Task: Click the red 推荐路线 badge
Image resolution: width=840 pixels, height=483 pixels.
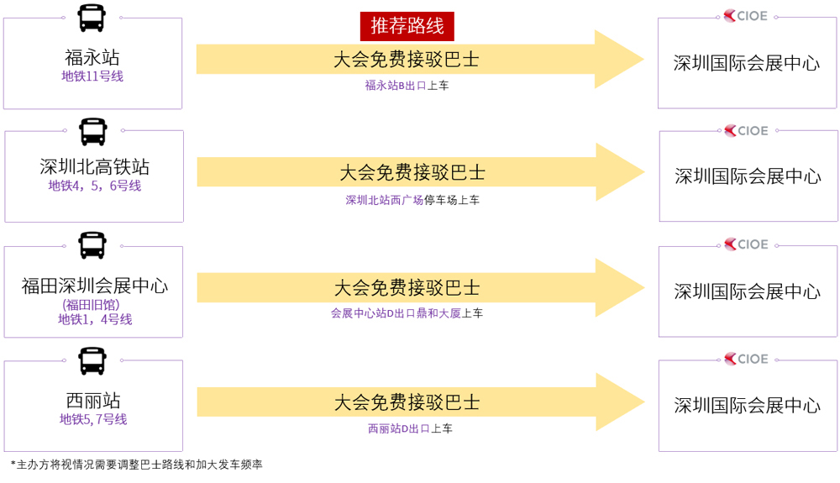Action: click(x=407, y=26)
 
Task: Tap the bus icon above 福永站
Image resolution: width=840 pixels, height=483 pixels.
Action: click(x=92, y=18)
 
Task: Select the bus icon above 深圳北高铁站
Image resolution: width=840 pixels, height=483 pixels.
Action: click(x=93, y=132)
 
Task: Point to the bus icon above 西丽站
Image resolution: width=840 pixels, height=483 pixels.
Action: click(x=92, y=361)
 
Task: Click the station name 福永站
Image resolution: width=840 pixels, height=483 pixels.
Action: click(x=92, y=57)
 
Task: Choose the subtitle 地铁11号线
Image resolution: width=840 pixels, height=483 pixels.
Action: click(x=92, y=76)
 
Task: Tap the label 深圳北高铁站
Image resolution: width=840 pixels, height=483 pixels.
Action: click(x=94, y=166)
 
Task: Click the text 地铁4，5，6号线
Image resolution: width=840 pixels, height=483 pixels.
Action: click(x=95, y=186)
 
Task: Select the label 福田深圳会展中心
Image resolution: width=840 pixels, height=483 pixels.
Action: click(x=94, y=286)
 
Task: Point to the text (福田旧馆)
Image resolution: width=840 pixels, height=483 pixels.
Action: click(x=91, y=305)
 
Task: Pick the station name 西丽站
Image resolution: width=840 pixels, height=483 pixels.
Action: click(x=93, y=400)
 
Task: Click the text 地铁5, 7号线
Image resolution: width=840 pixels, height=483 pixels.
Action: click(x=93, y=419)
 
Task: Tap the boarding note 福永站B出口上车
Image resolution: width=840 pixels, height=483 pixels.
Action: click(x=407, y=85)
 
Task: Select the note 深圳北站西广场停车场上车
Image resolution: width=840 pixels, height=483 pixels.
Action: click(x=412, y=200)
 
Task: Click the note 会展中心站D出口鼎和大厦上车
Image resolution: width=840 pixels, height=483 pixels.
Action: click(x=407, y=313)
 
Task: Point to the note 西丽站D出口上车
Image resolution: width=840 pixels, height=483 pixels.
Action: click(x=411, y=428)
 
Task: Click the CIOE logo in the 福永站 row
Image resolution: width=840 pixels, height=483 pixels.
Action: click(x=746, y=16)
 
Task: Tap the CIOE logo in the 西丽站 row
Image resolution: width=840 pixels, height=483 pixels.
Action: click(x=746, y=359)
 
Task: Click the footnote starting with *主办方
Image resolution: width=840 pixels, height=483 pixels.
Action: click(x=137, y=465)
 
